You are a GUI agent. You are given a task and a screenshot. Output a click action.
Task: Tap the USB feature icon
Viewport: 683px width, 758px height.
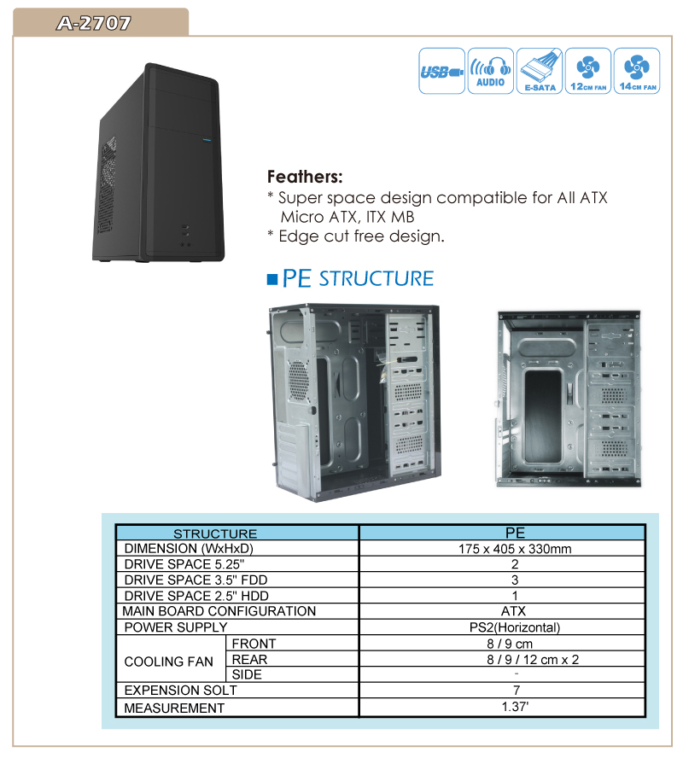click(x=441, y=71)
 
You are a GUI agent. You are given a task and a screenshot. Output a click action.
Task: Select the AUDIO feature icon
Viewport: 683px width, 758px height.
click(x=491, y=71)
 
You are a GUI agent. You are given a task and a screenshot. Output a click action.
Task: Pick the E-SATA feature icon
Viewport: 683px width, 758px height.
click(x=540, y=71)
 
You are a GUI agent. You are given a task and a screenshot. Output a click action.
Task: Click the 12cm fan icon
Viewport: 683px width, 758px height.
click(x=588, y=71)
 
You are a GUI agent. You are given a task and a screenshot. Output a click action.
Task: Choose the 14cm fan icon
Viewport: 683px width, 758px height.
click(x=637, y=71)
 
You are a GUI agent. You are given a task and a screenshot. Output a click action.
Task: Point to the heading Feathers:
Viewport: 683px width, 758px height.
click(x=305, y=177)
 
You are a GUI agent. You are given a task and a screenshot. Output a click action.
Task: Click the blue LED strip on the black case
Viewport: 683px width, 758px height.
click(x=207, y=141)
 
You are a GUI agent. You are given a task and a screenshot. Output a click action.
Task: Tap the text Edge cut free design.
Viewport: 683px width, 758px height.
click(x=361, y=236)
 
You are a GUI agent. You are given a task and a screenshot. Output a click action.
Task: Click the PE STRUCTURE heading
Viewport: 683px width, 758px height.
click(x=358, y=278)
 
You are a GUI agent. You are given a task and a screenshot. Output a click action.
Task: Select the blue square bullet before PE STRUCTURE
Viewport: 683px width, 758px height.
click(x=272, y=279)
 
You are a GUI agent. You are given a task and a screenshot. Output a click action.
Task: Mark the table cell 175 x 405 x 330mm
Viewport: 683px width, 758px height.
click(x=515, y=549)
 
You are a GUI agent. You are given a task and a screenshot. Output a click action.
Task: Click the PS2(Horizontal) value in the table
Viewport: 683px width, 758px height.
click(x=515, y=627)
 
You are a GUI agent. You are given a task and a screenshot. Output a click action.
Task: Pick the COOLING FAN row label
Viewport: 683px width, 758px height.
click(x=169, y=662)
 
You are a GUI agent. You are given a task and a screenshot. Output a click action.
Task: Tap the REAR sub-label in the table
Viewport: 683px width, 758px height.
click(x=249, y=659)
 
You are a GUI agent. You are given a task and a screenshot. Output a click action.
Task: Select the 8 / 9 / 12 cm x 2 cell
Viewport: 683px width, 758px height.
click(x=533, y=660)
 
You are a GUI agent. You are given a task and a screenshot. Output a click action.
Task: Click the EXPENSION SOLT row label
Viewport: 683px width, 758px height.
click(x=180, y=691)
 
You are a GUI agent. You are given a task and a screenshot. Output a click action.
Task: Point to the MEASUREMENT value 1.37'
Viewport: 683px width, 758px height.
click(x=516, y=706)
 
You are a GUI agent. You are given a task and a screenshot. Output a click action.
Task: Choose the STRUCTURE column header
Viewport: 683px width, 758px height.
click(x=215, y=534)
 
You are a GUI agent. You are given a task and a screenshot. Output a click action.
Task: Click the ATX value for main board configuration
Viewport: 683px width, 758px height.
click(x=513, y=611)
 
